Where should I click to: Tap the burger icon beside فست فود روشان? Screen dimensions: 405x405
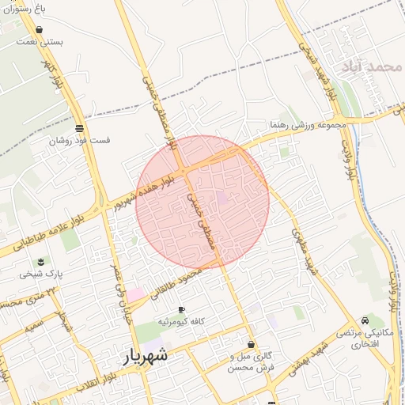[78, 128]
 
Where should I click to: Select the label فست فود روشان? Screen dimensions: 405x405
[79, 141]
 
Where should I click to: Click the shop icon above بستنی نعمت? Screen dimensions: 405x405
[40, 30]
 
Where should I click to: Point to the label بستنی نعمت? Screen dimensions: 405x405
[41, 42]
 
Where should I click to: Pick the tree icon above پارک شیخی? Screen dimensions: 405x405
[40, 262]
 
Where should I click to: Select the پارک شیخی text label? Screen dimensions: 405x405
[41, 274]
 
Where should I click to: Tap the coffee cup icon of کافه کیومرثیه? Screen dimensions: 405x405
[182, 309]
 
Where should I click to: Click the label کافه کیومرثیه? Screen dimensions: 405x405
[182, 321]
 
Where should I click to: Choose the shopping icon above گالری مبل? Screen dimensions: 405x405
[252, 345]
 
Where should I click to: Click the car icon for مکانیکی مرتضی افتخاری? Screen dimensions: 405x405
[364, 320]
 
